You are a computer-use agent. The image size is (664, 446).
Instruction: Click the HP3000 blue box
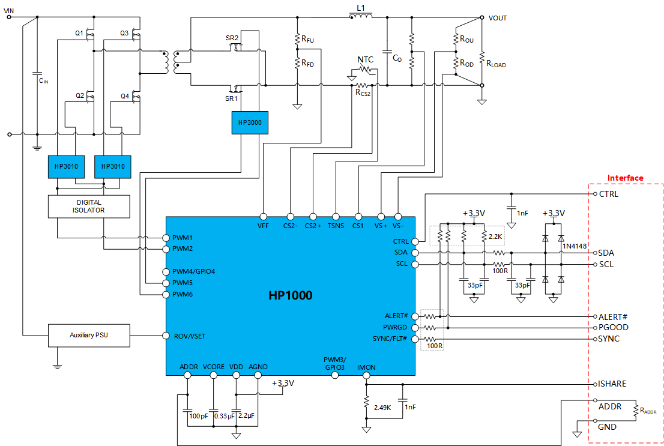tap(250, 122)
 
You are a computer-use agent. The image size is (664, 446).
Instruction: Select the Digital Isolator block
tap(89, 206)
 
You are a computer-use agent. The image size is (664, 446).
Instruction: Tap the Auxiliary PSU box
tap(89, 336)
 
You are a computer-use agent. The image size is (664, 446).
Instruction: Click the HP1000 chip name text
tap(290, 296)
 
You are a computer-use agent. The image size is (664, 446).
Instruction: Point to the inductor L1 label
tap(360, 7)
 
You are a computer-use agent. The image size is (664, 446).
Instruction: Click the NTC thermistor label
tap(365, 59)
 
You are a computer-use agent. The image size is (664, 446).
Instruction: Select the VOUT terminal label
tap(498, 18)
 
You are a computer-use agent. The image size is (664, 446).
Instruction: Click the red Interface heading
tap(625, 178)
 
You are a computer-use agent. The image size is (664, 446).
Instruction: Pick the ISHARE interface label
tap(613, 384)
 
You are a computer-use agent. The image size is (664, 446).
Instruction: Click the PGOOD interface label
tap(613, 328)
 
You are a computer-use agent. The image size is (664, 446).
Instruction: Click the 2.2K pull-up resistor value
tap(495, 237)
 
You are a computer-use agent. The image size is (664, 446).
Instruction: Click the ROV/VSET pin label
tap(189, 336)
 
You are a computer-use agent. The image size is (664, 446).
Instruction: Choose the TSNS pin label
tap(335, 226)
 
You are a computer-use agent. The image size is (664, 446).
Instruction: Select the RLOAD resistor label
tap(496, 62)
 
